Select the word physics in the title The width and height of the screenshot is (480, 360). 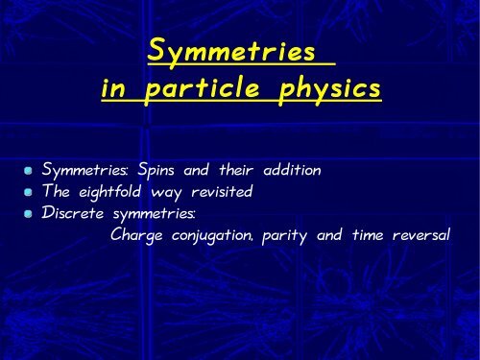[x=329, y=90]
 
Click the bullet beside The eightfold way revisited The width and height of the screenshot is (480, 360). [x=31, y=193]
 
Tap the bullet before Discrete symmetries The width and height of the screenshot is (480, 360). [x=31, y=213]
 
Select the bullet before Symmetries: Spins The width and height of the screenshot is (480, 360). [x=31, y=171]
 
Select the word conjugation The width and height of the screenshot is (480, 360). [x=215, y=235]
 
